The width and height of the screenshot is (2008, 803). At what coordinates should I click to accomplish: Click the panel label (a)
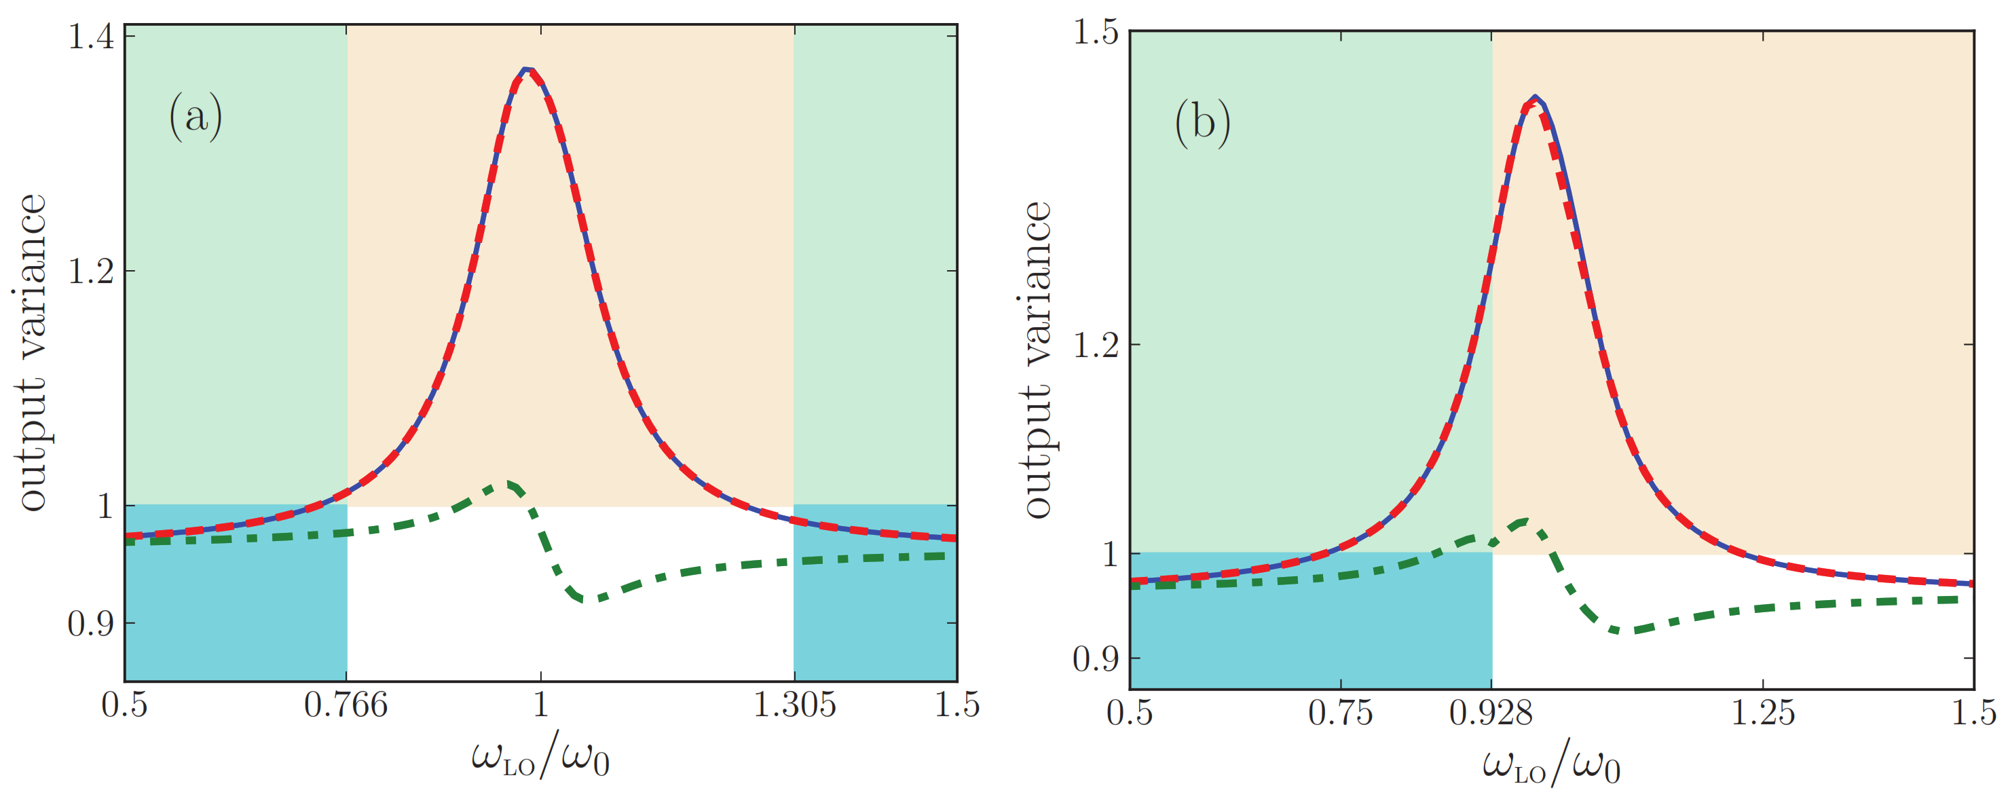(196, 117)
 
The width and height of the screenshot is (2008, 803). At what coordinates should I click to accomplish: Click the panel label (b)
(1202, 123)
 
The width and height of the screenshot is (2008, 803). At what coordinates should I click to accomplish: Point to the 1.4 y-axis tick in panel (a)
(91, 37)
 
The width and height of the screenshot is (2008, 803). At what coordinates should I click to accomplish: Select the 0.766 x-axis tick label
(346, 705)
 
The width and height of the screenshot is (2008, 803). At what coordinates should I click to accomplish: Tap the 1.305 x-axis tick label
(794, 705)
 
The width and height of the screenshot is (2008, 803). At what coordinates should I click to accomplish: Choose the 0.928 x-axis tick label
(1491, 713)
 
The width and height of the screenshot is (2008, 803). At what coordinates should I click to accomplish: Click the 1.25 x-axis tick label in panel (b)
(1762, 713)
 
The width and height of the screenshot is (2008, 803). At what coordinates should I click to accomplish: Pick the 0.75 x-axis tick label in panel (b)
(1340, 713)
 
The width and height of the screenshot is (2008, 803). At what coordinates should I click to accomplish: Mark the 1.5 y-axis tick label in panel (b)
(1095, 32)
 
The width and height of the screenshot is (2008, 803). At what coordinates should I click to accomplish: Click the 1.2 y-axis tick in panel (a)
(91, 272)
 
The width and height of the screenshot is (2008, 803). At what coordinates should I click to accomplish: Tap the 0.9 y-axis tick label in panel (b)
(1095, 660)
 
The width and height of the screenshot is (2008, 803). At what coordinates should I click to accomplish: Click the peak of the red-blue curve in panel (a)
(527, 69)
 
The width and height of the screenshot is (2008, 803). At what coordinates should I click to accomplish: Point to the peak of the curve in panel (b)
(1534, 98)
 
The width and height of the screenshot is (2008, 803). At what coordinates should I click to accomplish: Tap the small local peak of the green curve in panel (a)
(508, 484)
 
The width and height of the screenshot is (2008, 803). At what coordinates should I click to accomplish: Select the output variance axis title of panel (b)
(1037, 358)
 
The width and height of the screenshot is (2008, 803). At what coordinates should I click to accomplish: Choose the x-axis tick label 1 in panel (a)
(540, 705)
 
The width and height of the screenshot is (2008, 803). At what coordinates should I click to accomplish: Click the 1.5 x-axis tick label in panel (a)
(956, 705)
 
